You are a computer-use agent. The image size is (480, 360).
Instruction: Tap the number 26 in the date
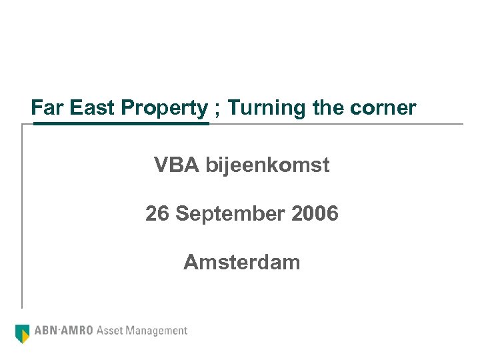[157, 214]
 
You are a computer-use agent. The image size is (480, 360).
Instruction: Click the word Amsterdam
[242, 263]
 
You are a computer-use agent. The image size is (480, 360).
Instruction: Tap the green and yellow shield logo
[23, 332]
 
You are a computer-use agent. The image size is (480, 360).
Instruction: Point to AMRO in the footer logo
[78, 330]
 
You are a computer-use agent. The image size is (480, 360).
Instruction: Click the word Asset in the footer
[111, 330]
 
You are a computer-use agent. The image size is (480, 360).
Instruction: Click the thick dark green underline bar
[121, 123]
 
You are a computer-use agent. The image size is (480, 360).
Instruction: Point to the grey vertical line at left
[23, 213]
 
